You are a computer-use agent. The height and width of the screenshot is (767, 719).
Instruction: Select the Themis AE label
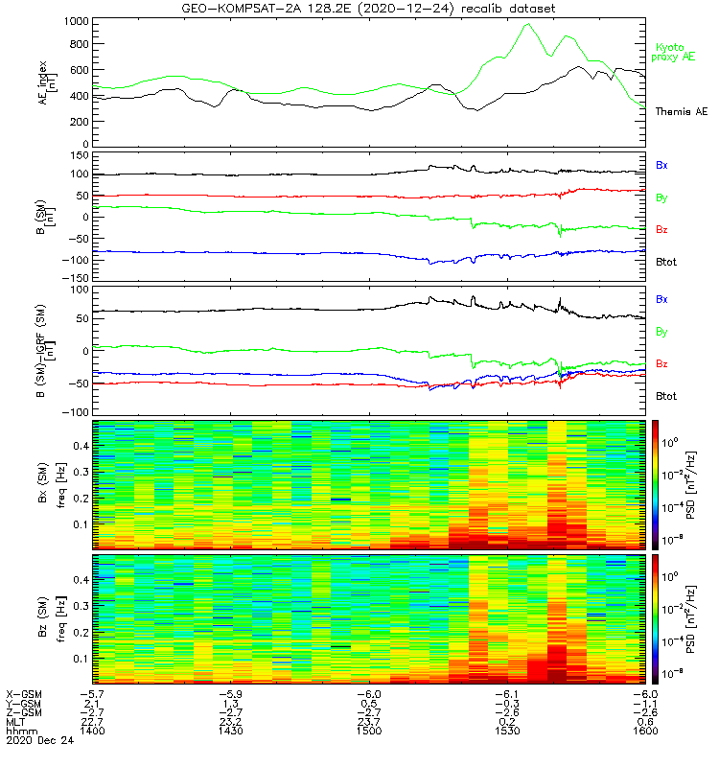coord(681,112)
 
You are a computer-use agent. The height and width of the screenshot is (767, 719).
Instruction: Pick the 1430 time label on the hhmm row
coord(231,730)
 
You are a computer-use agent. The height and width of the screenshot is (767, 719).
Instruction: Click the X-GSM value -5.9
coord(231,692)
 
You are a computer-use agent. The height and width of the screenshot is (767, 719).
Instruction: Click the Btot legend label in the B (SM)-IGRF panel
coord(666,395)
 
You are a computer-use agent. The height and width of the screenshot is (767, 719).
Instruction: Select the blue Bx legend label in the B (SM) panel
coord(661,165)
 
